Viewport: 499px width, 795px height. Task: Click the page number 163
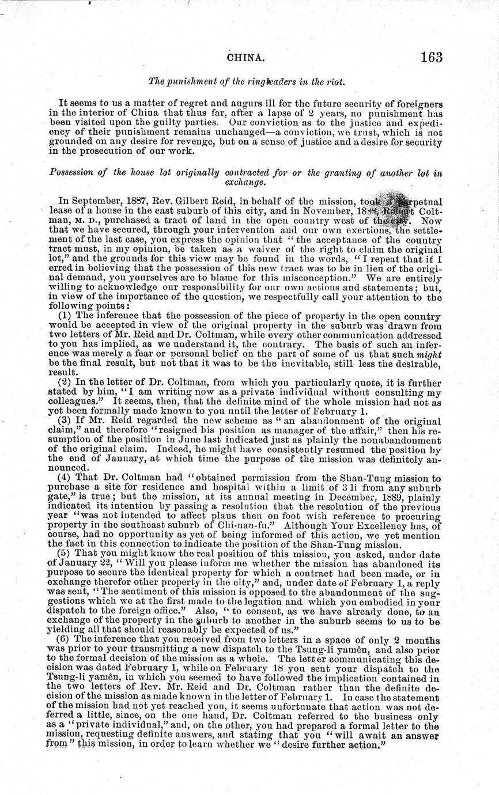pos(431,57)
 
